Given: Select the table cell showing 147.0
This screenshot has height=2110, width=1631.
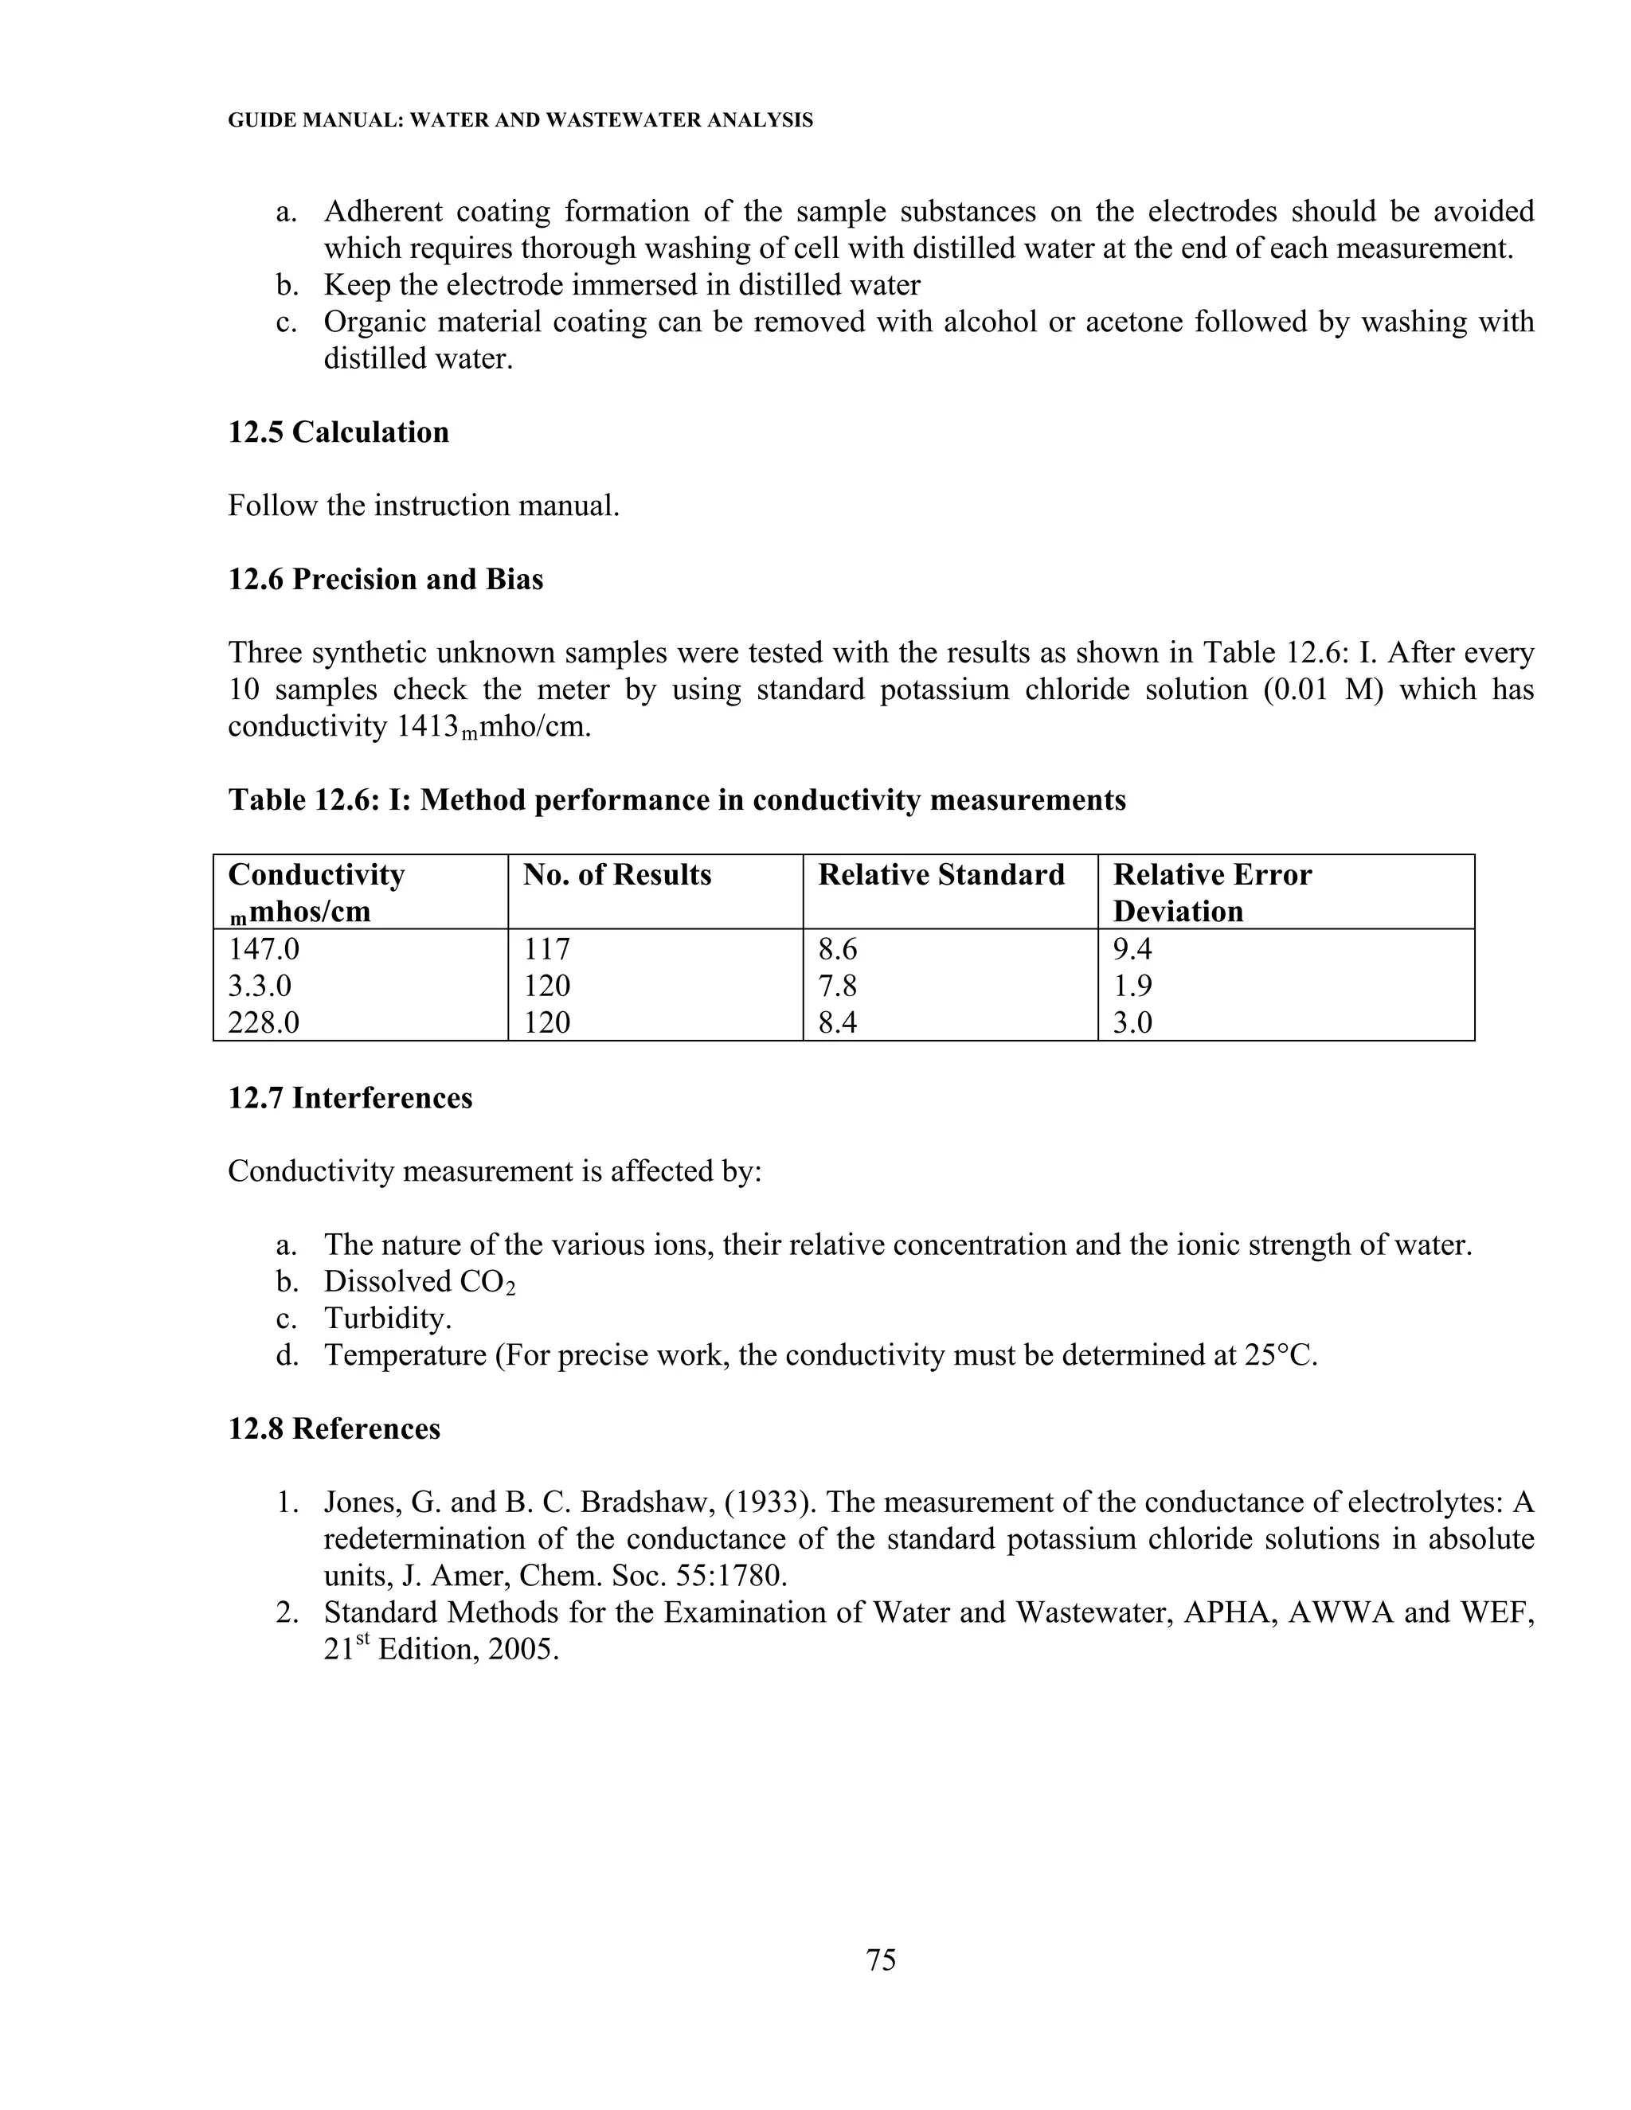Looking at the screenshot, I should click(x=264, y=950).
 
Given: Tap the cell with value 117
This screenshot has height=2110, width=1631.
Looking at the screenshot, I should click(x=547, y=950).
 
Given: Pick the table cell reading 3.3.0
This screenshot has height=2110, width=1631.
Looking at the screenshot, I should click(x=260, y=987).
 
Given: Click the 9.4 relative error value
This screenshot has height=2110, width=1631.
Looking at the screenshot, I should click(x=1132, y=950).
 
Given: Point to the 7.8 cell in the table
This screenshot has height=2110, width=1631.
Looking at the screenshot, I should click(x=838, y=987).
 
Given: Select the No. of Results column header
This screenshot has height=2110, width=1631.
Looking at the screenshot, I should click(x=616, y=875).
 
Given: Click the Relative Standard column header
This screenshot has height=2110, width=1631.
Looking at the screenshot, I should click(x=941, y=875).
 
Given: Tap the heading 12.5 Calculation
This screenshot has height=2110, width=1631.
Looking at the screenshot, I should click(x=338, y=432).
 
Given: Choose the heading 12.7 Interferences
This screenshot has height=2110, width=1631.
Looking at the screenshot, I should click(x=350, y=1099).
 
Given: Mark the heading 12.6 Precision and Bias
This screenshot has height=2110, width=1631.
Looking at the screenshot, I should click(x=385, y=580).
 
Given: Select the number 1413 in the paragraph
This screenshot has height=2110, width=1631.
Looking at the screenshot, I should click(x=426, y=726).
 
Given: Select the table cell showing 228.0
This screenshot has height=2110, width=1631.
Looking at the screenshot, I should click(x=264, y=1023).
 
